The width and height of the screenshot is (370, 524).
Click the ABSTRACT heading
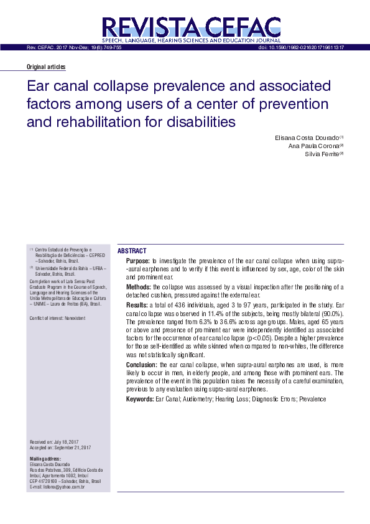pos(132,250)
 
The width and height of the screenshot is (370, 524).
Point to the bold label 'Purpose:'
pos(138,260)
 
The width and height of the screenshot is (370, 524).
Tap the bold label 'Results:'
pos(137,306)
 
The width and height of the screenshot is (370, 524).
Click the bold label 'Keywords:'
pos(140,398)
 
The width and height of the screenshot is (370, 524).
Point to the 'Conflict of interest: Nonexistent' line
pos(58,318)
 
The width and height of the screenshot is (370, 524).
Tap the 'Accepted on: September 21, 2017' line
pos(61,447)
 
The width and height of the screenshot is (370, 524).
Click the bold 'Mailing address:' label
pos(45,459)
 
